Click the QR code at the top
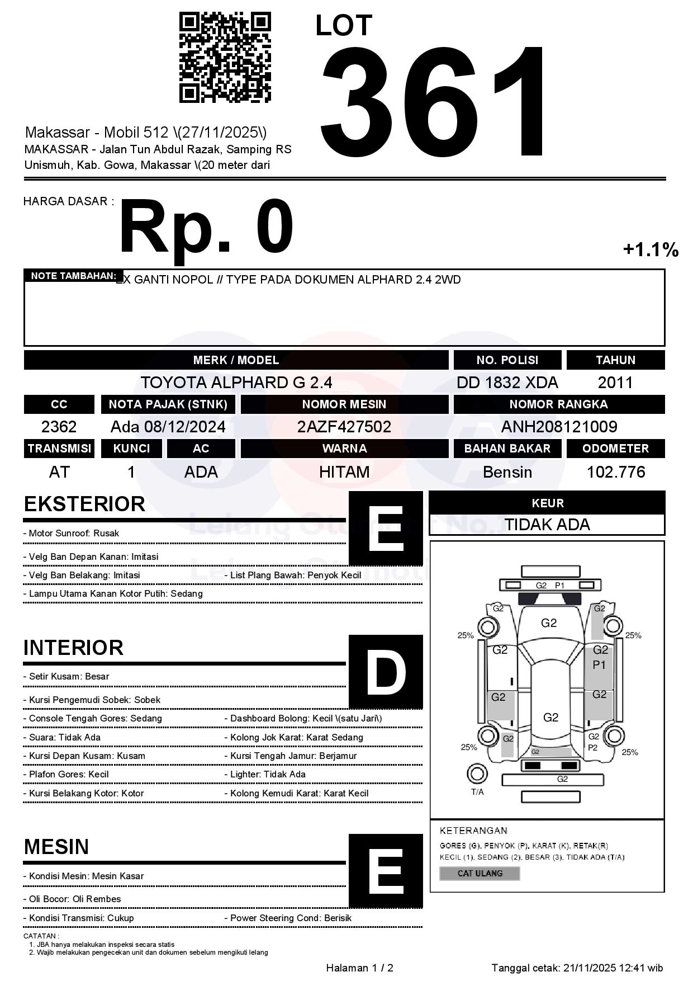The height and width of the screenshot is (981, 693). coord(225,57)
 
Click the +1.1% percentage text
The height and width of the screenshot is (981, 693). coord(651,249)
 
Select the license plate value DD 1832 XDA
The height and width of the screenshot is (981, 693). coord(507,383)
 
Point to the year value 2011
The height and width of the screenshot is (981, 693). coord(615,383)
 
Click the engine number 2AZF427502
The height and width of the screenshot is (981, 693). coord(344,427)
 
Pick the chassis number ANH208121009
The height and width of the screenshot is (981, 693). coord(559,427)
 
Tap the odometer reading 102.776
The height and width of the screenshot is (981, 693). coord(615,472)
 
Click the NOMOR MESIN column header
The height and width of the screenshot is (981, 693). coord(344,404)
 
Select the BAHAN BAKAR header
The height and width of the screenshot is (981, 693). coord(507,449)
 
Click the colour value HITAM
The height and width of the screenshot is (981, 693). coord(344,472)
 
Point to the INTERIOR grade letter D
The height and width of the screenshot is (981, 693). coord(386,672)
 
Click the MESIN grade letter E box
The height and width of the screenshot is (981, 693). coord(386,870)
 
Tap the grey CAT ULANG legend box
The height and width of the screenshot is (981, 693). coord(480,873)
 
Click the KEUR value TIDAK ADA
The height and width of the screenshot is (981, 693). coord(547,525)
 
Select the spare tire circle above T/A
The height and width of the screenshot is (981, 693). coord(477,774)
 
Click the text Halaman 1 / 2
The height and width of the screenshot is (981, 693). coord(359,968)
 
